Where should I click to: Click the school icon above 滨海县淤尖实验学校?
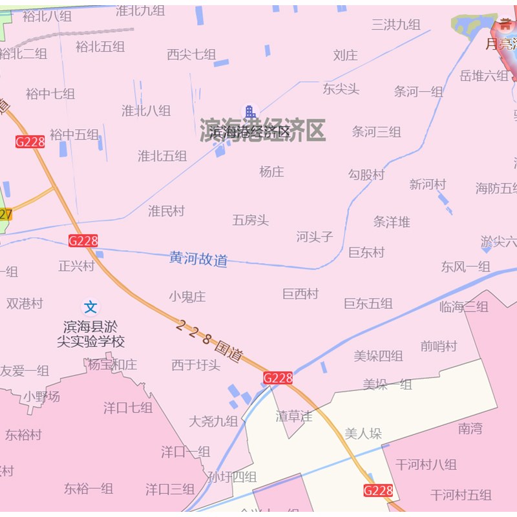[x=91, y=306]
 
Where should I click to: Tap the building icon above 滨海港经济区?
[x=249, y=112]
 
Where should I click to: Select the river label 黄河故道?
[x=198, y=258]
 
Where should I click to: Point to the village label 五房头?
[x=251, y=220]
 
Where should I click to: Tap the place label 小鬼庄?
[x=187, y=297]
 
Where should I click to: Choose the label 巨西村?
[x=301, y=294]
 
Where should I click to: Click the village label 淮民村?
[x=166, y=211]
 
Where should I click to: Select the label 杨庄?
[x=271, y=172]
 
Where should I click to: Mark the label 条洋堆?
[x=392, y=222]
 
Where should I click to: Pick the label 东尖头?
[x=341, y=89]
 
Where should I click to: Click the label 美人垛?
[x=363, y=434]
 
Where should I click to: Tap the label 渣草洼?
[x=294, y=416]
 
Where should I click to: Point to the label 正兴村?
[x=76, y=266]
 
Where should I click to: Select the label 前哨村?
[x=439, y=346]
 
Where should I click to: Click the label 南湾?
[x=470, y=428]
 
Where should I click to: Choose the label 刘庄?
[x=345, y=56]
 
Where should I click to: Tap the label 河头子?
[x=315, y=237]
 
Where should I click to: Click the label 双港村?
[x=25, y=303]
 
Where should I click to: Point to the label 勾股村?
[x=366, y=174]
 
